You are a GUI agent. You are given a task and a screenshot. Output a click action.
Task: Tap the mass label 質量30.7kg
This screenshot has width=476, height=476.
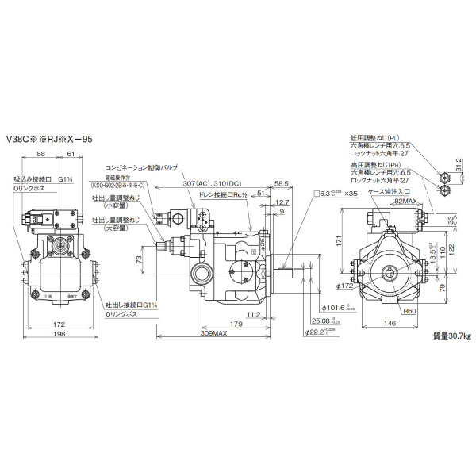pos(451,336)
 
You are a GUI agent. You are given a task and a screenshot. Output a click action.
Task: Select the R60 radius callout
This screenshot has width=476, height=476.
pos(409,312)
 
